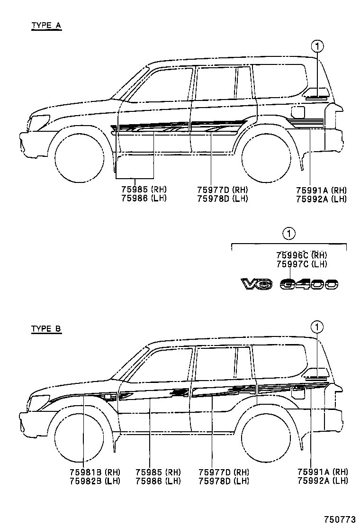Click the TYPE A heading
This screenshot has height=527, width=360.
click(x=46, y=25)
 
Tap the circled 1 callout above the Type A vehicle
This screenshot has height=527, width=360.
click(x=317, y=46)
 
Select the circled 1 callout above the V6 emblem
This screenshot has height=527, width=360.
click(x=289, y=233)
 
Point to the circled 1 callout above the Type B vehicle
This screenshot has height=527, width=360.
click(x=317, y=327)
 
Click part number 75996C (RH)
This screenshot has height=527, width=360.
click(x=302, y=255)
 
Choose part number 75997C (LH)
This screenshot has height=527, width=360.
click(x=302, y=264)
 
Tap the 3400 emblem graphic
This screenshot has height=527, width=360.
click(x=308, y=284)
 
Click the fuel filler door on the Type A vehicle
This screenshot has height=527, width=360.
click(x=298, y=112)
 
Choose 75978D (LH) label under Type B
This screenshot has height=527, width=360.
click(x=224, y=481)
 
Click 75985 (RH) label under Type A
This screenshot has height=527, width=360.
click(x=142, y=190)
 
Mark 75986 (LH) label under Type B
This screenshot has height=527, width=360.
click(x=158, y=481)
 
